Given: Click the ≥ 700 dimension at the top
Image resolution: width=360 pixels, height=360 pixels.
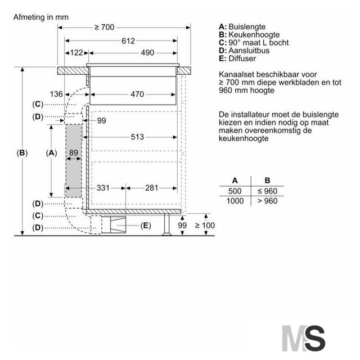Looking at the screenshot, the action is pos(105,28).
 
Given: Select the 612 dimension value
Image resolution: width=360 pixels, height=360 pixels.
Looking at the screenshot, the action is pos(128,41).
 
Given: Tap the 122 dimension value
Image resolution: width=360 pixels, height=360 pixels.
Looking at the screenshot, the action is pos(76,53).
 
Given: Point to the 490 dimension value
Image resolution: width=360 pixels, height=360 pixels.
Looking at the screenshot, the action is pos(147,53).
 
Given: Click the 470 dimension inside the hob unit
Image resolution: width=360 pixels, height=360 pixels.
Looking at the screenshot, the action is pos(137,94).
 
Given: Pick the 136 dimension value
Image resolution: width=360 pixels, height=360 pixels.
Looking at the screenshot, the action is pos(56,94).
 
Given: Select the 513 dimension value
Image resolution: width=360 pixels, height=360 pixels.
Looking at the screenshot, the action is pos(137,137).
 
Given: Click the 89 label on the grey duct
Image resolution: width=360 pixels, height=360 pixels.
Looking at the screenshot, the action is pos(74,152).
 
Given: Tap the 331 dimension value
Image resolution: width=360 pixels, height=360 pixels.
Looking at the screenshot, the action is pos(103,188).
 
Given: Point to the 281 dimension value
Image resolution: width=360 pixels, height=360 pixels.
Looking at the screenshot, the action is pos(151,188).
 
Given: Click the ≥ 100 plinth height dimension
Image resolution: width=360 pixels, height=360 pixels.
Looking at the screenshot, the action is pos(205,226).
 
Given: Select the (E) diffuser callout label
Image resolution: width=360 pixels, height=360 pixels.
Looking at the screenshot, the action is pos(146,226).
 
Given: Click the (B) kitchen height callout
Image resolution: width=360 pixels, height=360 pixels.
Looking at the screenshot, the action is pos(22,153).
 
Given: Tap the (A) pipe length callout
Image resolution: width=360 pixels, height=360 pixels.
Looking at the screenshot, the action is pos(51,153).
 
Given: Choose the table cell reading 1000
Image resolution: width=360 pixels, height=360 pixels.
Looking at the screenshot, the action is pos(235,201).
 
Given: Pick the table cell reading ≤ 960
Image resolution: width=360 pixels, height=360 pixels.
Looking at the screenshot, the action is pos(267,191).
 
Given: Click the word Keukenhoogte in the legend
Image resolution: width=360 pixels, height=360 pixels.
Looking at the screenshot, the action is pos(254,35).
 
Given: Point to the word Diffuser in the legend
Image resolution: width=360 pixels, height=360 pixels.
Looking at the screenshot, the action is pos(242,58).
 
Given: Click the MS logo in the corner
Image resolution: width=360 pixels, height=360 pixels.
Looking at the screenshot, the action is pos(304,338).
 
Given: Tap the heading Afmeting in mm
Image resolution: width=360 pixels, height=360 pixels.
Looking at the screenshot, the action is pos(41,17).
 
